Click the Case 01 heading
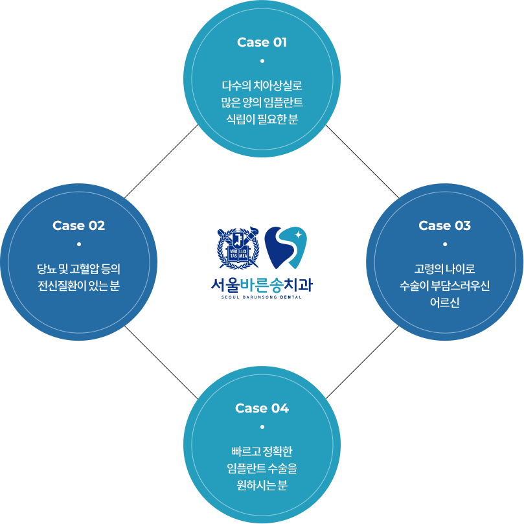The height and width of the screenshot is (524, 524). tap(262, 42)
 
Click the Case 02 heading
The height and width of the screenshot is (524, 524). tap(78, 225)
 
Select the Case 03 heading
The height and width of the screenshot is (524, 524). tap(444, 225)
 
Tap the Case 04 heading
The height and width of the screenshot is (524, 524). tap(262, 408)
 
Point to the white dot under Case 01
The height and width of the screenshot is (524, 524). tap(262, 61)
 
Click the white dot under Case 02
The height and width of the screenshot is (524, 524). tap(79, 244)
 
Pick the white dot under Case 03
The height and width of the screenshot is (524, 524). tap(445, 244)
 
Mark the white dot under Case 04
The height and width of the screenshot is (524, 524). tap(262, 427)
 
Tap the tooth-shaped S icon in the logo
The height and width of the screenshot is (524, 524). tap(285, 248)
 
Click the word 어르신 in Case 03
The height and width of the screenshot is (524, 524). tap(444, 302)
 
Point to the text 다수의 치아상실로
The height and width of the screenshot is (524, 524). tap(262, 85)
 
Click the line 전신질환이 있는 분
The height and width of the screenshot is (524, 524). tap(78, 285)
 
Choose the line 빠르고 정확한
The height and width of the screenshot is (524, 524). tap(262, 451)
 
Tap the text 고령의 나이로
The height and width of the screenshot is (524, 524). tap(444, 268)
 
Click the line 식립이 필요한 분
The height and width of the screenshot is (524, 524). tap(262, 119)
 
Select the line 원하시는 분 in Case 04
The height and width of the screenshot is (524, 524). tap(262, 484)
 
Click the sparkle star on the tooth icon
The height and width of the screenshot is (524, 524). tap(298, 234)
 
